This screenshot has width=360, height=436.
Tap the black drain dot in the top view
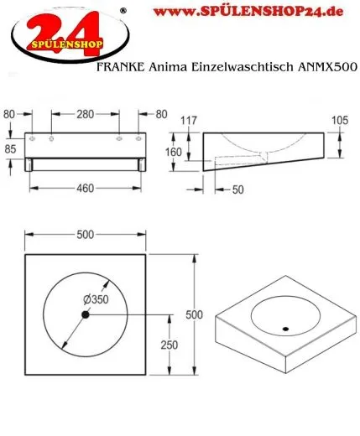pos(85,314)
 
